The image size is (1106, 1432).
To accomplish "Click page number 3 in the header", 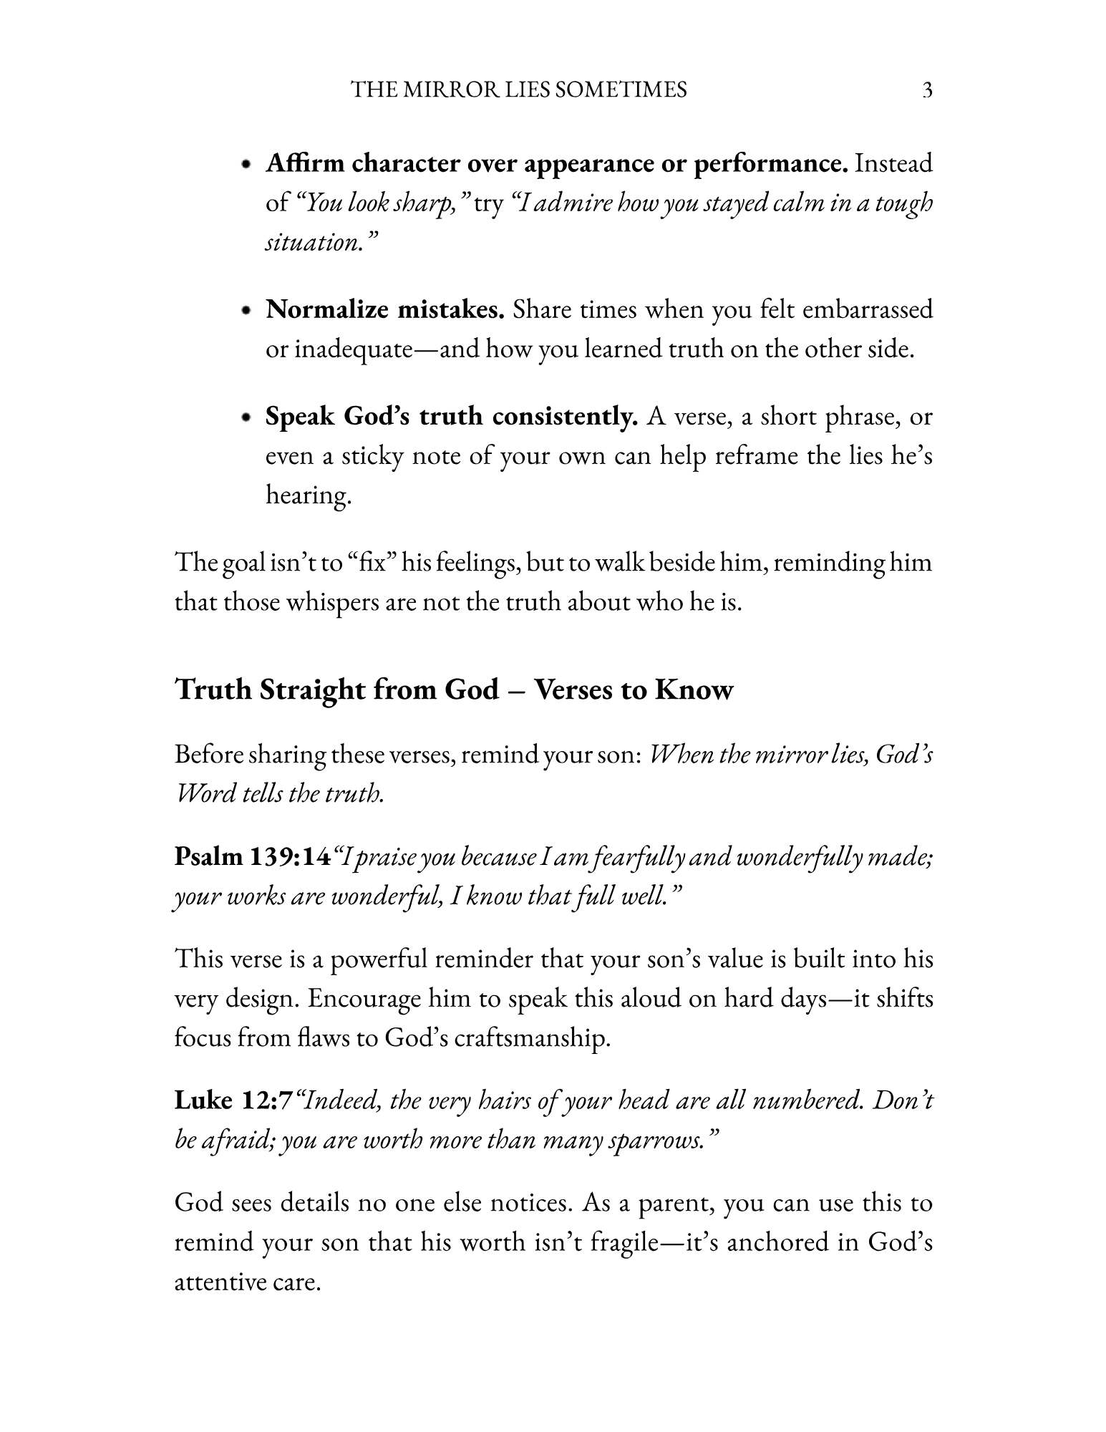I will tap(927, 90).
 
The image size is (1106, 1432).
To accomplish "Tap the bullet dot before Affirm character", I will tap(246, 165).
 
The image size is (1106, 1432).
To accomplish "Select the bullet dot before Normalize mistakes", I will tap(246, 311).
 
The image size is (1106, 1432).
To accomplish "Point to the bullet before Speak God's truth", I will tap(246, 417).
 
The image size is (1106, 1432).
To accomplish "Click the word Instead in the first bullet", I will tap(893, 164).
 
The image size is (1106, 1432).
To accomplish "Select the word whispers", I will tap(332, 602).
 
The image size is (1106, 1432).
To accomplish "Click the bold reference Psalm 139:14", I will tap(253, 857).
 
